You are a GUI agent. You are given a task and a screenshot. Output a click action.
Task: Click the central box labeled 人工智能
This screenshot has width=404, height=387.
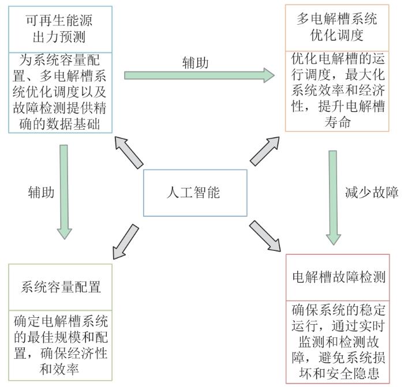(x=196, y=193)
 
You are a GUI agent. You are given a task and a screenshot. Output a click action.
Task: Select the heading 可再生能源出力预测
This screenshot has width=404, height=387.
(x=59, y=28)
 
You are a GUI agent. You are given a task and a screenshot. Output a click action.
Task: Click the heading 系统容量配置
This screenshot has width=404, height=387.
(x=61, y=286)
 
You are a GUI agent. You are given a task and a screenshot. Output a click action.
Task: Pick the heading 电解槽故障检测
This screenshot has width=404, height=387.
(x=339, y=277)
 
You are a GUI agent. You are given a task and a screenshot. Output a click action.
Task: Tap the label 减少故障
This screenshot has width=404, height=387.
(x=372, y=192)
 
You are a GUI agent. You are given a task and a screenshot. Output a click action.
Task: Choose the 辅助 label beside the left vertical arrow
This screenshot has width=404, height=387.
(x=41, y=192)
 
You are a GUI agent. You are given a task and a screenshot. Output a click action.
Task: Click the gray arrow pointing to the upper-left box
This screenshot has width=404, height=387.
(x=129, y=152)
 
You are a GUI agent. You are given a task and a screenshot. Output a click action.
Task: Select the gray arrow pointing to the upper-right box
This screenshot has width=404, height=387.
(x=264, y=152)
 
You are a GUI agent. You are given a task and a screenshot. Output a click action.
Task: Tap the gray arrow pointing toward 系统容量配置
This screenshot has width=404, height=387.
(x=125, y=241)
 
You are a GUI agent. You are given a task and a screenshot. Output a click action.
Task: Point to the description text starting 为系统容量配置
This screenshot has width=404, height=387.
(x=59, y=92)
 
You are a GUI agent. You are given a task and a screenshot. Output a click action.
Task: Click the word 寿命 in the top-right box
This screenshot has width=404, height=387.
(x=338, y=123)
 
